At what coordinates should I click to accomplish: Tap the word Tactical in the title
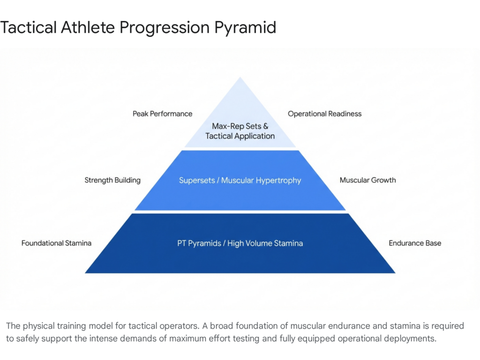pyautogui.click(x=29, y=28)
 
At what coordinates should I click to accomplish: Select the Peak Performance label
pyautogui.click(x=162, y=113)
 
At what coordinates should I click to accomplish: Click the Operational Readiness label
pyautogui.click(x=324, y=113)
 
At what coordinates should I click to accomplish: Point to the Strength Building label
pyautogui.click(x=112, y=180)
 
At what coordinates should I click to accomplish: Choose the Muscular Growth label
pyautogui.click(x=367, y=180)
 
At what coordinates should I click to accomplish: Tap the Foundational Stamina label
pyautogui.click(x=56, y=243)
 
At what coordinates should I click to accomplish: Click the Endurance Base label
pyautogui.click(x=415, y=243)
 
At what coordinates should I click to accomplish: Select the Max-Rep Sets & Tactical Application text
pyautogui.click(x=240, y=131)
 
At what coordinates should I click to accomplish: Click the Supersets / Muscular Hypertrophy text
pyautogui.click(x=240, y=180)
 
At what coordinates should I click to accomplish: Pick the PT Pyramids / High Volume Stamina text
pyautogui.click(x=240, y=243)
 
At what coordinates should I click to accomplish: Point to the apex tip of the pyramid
pyautogui.click(x=240, y=78)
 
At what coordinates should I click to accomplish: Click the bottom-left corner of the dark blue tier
pyautogui.click(x=86, y=272)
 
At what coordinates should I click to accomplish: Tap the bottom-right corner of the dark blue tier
pyautogui.click(x=395, y=272)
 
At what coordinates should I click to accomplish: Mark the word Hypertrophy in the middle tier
pyautogui.click(x=280, y=180)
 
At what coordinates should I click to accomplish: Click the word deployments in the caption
pyautogui.click(x=409, y=338)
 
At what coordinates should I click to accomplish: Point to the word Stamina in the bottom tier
pyautogui.click(x=288, y=243)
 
